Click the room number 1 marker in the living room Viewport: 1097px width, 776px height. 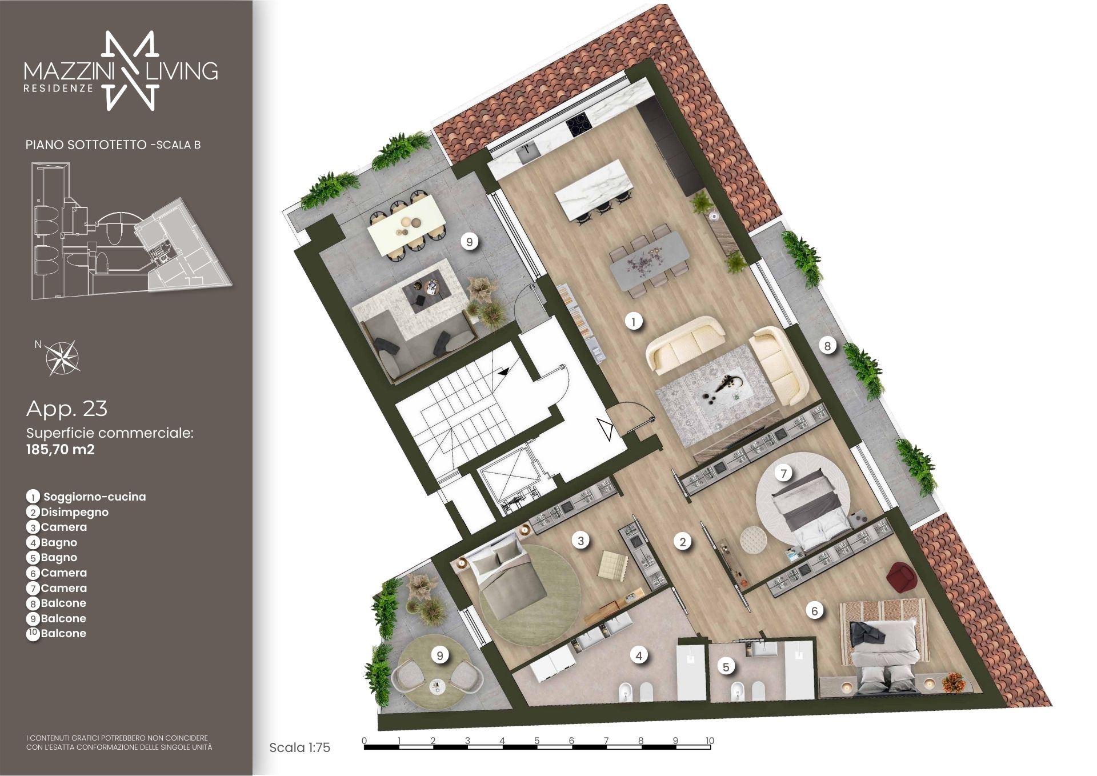click(633, 322)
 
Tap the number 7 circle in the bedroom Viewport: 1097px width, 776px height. click(784, 473)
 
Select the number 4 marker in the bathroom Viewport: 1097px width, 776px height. click(639, 656)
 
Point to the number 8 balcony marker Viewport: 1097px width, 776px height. click(827, 345)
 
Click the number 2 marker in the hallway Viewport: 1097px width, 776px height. click(682, 542)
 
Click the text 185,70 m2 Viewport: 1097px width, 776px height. click(61, 449)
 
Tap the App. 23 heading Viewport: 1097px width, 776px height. click(67, 409)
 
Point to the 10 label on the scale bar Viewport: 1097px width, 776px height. click(710, 741)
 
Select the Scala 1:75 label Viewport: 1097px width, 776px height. click(299, 747)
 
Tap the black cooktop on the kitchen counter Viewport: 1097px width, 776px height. click(577, 125)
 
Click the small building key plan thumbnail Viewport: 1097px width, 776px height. click(131, 231)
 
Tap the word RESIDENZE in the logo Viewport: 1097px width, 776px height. click(58, 89)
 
